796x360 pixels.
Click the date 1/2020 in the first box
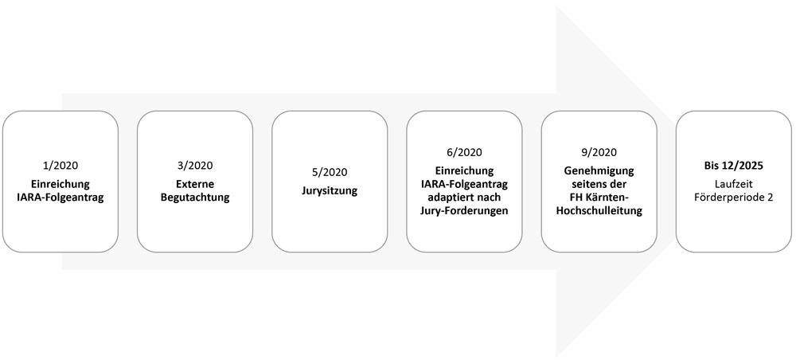(60, 165)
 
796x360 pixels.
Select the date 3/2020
(195, 165)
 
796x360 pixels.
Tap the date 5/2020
(330, 171)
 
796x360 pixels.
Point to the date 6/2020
(464, 152)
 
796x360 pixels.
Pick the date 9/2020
(599, 152)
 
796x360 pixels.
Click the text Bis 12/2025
(733, 165)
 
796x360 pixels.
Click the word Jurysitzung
(330, 191)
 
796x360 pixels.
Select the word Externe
(195, 184)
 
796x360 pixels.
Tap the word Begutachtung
(195, 198)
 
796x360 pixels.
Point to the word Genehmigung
(599, 171)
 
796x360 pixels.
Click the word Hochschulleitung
(599, 210)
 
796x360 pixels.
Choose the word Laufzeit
(733, 184)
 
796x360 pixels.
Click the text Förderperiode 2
(733, 198)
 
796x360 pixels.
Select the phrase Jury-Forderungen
(464, 210)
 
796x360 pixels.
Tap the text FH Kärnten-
(599, 198)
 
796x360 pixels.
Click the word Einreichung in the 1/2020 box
(60, 184)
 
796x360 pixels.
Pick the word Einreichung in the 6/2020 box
(464, 171)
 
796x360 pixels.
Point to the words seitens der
(599, 184)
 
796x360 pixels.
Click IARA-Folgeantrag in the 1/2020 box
(60, 198)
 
